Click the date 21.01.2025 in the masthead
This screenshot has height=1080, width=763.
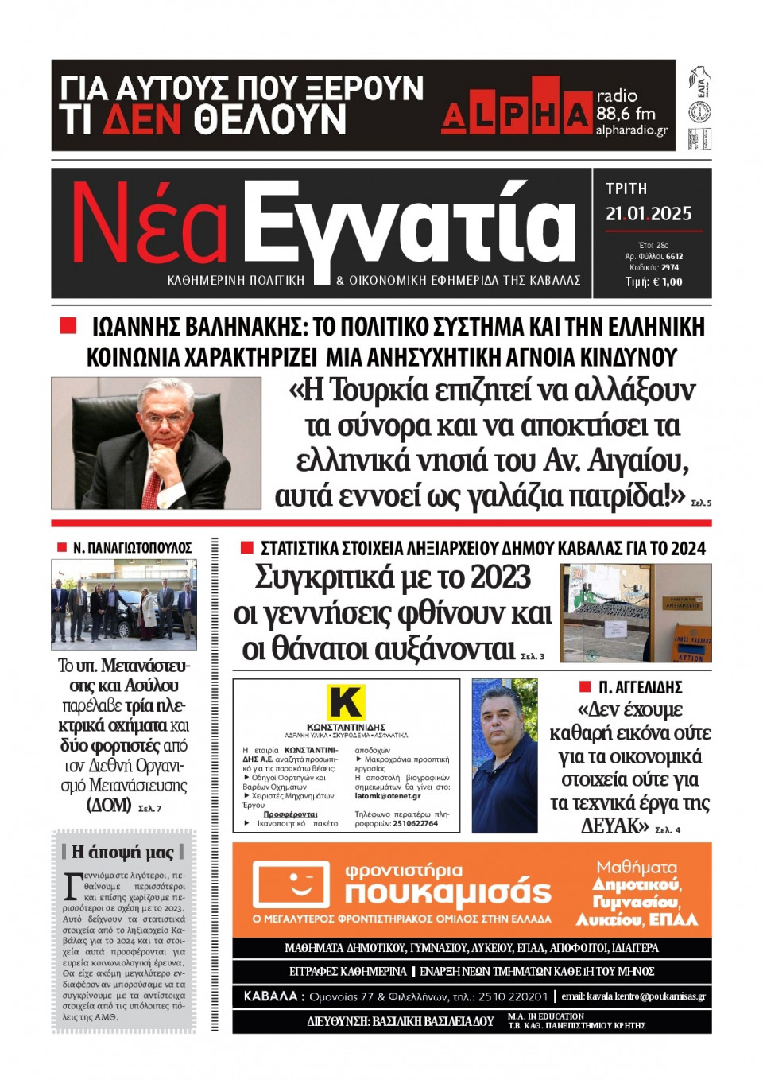click(649, 213)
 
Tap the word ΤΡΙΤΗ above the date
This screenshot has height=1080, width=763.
click(626, 188)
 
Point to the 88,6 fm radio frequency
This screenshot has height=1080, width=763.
click(626, 114)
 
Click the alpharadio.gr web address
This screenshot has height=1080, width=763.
click(632, 130)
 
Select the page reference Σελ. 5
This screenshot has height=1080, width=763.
click(701, 503)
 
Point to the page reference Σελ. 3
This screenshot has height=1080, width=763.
click(533, 656)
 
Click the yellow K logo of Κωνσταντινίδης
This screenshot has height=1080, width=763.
click(346, 702)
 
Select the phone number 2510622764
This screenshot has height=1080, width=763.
click(415, 823)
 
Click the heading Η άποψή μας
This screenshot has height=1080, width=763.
click(122, 851)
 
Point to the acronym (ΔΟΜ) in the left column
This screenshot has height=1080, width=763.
click(109, 805)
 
